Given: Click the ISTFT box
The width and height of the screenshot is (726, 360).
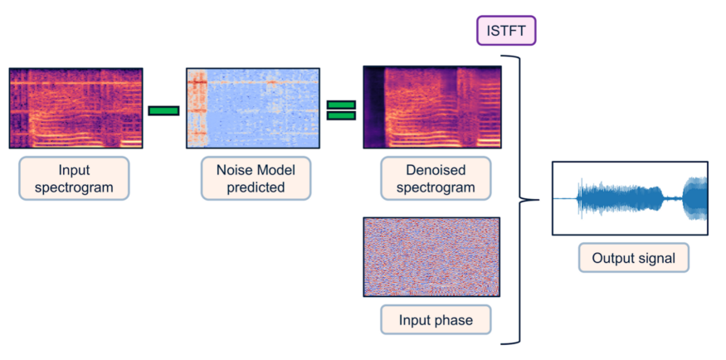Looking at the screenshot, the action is click(x=506, y=32).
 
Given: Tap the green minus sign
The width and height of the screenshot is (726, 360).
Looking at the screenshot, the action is click(x=163, y=110).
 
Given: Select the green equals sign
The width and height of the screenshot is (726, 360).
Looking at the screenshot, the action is click(x=341, y=110).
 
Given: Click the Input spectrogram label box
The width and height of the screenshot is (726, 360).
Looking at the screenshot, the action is click(x=74, y=178).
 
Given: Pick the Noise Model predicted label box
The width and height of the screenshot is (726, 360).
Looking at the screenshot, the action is click(x=256, y=178).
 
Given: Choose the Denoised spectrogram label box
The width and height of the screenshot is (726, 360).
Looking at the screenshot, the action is click(x=435, y=178).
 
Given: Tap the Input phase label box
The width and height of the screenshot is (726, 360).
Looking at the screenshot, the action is click(x=436, y=319).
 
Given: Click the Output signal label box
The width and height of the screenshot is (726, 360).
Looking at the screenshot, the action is click(x=634, y=258).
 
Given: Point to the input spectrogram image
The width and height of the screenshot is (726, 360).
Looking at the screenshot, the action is click(x=76, y=109).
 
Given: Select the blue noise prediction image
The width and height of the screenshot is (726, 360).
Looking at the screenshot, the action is click(x=253, y=109).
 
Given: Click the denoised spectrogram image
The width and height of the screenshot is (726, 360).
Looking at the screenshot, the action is click(x=432, y=107).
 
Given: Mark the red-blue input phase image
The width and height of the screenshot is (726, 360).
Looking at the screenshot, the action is click(x=431, y=257).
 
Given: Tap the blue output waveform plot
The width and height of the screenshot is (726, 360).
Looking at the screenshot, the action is click(x=630, y=198).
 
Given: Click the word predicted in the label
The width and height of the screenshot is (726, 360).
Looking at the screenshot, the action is click(x=256, y=187).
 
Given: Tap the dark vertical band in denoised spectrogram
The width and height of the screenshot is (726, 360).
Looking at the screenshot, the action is click(x=374, y=107).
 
